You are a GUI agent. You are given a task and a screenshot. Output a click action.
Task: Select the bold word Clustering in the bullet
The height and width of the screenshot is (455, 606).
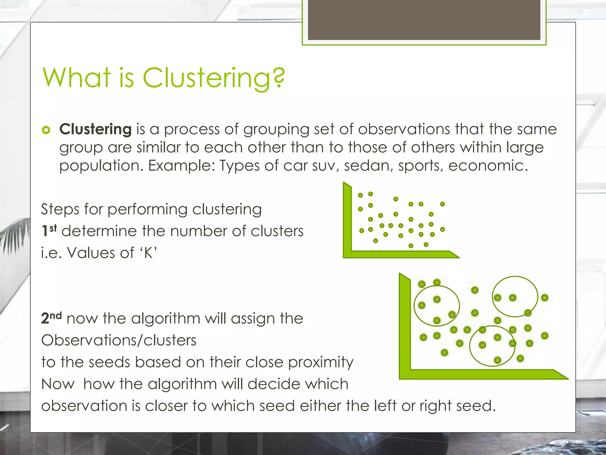click(96, 129)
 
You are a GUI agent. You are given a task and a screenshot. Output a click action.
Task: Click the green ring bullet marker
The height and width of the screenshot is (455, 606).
click(46, 130)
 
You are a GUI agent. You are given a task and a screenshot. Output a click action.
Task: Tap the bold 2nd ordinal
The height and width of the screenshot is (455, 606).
click(51, 318)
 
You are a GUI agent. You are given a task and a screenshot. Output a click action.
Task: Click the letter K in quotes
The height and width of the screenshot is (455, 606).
click(149, 253)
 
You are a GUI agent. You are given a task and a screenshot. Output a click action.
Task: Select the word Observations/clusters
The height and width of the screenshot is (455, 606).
click(119, 340)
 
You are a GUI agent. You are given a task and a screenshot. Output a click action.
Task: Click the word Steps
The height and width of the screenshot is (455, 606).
click(60, 209)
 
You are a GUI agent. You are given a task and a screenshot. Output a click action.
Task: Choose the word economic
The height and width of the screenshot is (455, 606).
click(488, 165)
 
